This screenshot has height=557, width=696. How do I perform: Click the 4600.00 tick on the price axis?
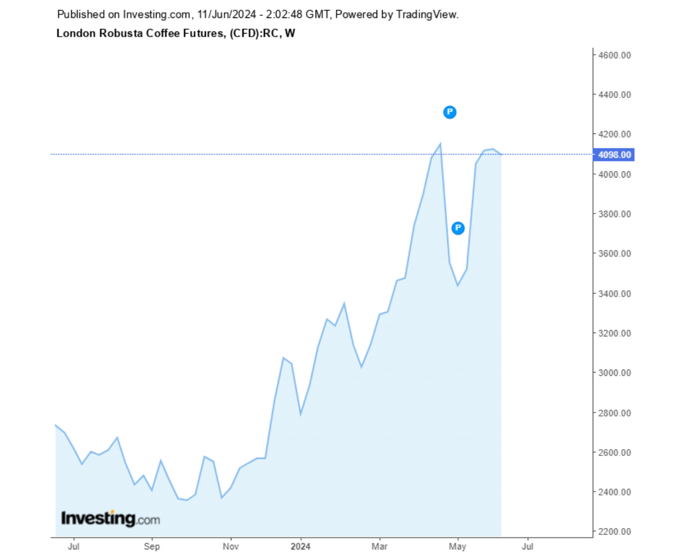[x=614, y=55]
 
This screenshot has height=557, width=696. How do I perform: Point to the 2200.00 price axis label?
[x=614, y=531]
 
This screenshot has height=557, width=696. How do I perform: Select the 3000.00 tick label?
[x=614, y=372]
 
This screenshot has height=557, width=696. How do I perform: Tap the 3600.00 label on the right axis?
[x=614, y=254]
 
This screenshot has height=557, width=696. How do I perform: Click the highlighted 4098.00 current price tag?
[x=614, y=155]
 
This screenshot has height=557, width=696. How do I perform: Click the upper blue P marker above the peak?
[x=449, y=113]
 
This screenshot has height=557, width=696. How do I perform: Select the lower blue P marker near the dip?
[x=458, y=228]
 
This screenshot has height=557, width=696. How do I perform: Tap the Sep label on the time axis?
[x=151, y=546]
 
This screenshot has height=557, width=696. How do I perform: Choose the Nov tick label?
[x=231, y=546]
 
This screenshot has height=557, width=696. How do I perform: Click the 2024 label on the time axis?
[x=301, y=546]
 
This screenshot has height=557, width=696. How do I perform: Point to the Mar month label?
[x=379, y=546]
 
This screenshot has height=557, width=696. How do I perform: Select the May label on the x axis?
[x=458, y=546]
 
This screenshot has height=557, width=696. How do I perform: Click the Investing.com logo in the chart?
[x=110, y=518]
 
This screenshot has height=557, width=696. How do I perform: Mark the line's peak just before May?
[x=440, y=143]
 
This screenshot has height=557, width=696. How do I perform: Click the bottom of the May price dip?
[x=458, y=285]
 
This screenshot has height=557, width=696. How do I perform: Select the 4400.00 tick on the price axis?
[x=614, y=95]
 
